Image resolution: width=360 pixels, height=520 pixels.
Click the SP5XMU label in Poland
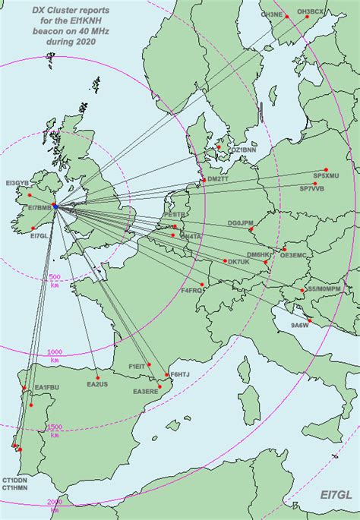[326, 175]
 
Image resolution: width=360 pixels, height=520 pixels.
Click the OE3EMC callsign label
[295, 255]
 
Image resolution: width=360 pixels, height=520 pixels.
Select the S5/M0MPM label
[323, 289]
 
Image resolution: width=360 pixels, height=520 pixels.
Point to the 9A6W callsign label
[300, 326]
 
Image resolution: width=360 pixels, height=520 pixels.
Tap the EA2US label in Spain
[96, 384]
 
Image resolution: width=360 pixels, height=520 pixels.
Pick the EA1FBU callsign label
[46, 388]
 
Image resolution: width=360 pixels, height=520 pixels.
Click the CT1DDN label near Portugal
[14, 481]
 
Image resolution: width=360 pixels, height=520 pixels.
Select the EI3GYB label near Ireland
[17, 183]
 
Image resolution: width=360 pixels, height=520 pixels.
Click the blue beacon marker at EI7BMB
[55, 206]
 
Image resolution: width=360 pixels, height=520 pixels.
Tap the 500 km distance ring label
[54, 277]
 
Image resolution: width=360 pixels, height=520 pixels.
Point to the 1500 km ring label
[55, 427]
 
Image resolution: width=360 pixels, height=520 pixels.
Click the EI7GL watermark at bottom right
[334, 494]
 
